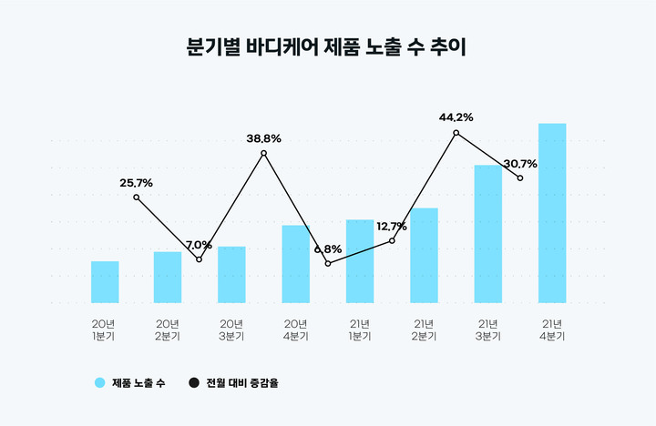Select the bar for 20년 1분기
105,282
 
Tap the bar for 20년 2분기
168,278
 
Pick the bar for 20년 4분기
295,264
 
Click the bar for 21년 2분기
424,256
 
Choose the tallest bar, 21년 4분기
552,213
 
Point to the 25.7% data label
136,183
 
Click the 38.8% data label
263,138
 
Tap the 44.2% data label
456,117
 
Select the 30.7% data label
520,164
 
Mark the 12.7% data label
392,226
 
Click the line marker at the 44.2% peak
456,133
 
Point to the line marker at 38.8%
263,153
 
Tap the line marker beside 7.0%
200,259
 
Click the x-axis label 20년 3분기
231,330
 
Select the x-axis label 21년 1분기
360,330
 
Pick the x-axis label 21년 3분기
487,330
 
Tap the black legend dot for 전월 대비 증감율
194,383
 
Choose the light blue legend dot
99,383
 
